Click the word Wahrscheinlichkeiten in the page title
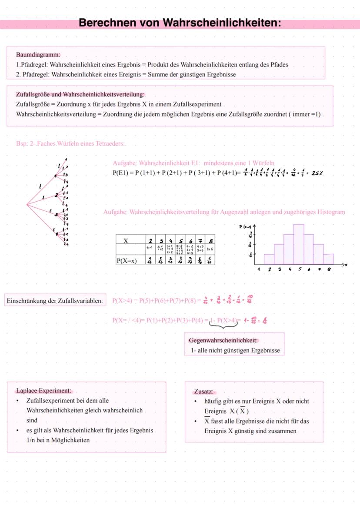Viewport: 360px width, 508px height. [221, 23]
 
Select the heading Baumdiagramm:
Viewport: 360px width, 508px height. [38, 55]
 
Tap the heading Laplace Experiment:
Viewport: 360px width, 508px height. [43, 390]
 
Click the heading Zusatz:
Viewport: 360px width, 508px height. [204, 392]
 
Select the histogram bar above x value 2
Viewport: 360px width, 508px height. [269, 259]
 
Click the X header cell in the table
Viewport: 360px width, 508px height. [126, 241]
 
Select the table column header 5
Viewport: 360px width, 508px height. [180, 241]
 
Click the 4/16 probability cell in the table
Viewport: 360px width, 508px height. [180, 260]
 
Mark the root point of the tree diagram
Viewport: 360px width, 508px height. [27, 204]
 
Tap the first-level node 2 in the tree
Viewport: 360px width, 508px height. [57, 195]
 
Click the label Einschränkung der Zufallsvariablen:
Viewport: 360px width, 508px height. [55, 301]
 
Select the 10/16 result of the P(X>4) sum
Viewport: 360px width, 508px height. [250, 299]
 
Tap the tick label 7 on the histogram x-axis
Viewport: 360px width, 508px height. [318, 269]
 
